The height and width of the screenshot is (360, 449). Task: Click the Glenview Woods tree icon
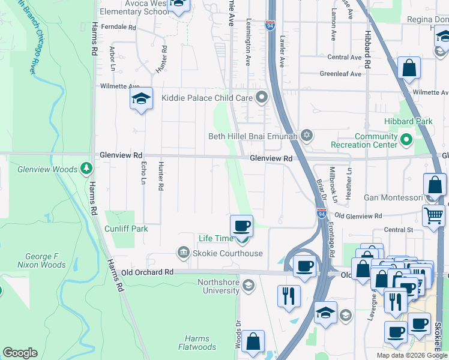coord(88,169)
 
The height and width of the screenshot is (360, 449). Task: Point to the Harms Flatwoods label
coord(197,343)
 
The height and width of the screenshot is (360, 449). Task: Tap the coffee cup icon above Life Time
coord(241,226)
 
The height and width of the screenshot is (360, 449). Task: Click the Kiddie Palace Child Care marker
coord(262,97)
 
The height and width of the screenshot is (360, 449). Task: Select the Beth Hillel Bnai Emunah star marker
coord(307,136)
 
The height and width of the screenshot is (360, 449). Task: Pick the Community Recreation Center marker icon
coord(406,140)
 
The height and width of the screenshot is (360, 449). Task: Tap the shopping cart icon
coord(433,215)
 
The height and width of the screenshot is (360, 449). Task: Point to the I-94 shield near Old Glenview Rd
coord(322,212)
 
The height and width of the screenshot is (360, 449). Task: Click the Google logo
coord(19,353)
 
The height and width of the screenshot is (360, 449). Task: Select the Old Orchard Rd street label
coord(147,272)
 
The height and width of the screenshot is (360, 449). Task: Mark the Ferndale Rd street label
coord(119,27)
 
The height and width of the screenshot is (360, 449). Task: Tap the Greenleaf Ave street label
coord(340,74)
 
